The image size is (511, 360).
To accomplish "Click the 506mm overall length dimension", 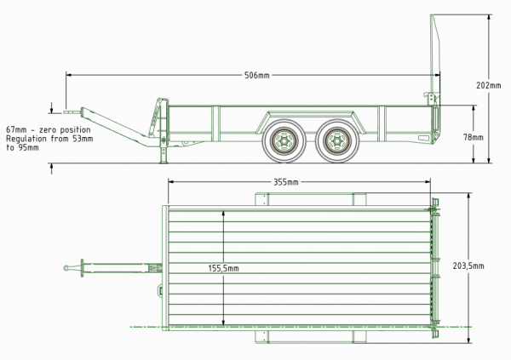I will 256,76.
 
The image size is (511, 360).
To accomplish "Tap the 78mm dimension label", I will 473,136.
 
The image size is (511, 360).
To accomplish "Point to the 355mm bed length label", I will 285,181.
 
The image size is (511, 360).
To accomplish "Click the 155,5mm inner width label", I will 224,268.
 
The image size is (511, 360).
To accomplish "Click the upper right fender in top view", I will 359,200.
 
